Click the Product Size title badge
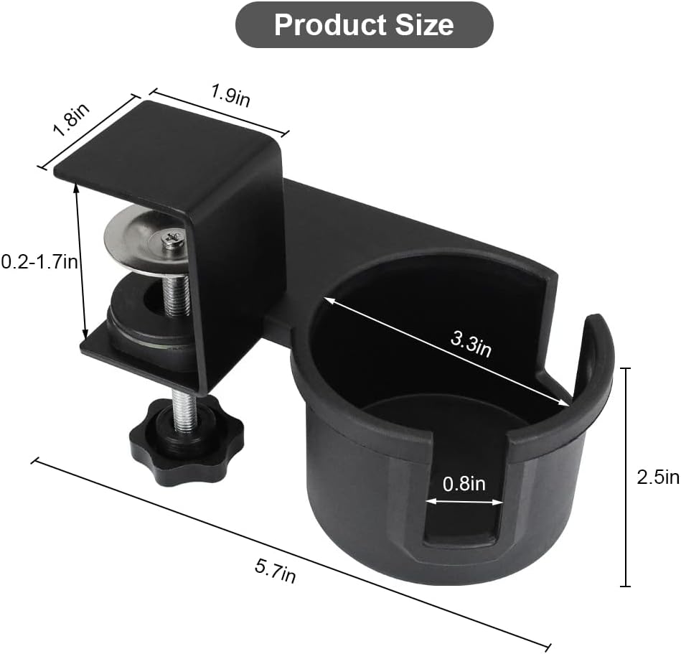pos(364,25)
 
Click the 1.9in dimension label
pos(230,95)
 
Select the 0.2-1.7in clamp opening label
pos(38,263)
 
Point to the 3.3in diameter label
pos(471,343)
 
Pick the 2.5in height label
pos(657,477)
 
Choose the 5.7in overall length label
pos(276,571)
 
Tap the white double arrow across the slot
pos(464,502)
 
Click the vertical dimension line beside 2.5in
pos(626,477)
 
